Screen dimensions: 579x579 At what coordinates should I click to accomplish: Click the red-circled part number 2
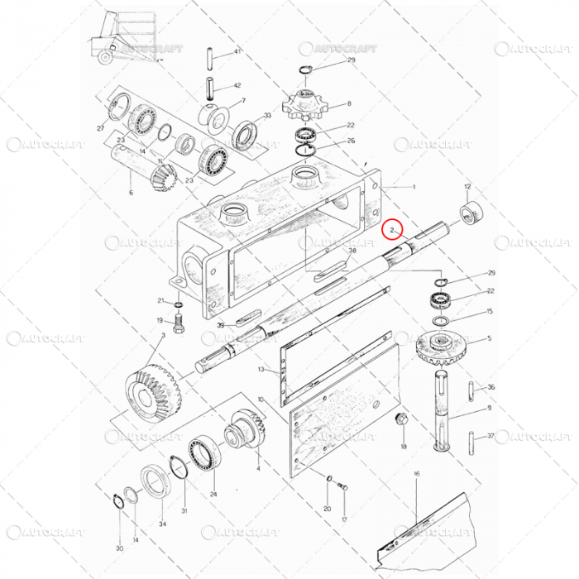[394, 228]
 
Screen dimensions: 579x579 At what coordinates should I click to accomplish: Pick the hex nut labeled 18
[403, 419]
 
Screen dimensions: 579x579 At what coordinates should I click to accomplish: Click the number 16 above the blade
[416, 474]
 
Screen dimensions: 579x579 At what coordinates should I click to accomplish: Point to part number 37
[490, 436]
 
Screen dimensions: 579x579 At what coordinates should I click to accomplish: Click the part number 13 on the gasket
[261, 370]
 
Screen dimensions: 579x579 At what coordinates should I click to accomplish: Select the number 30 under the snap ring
[119, 548]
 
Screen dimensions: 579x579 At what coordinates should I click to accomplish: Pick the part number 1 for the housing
[414, 187]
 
